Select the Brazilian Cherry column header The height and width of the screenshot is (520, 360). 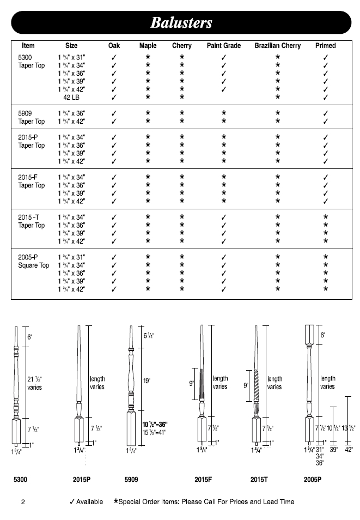click(x=277, y=46)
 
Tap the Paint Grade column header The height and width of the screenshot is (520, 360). click(x=224, y=46)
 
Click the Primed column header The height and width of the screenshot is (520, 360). click(x=325, y=46)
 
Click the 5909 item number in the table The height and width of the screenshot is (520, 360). click(x=26, y=113)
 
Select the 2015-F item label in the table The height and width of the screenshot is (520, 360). click(x=28, y=177)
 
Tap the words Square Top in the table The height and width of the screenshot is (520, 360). click(x=34, y=265)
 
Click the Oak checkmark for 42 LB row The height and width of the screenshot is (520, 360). click(x=114, y=98)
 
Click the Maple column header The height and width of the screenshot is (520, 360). click(x=148, y=46)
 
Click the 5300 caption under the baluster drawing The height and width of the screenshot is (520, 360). click(x=21, y=480)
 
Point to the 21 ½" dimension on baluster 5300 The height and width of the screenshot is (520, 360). click(x=34, y=379)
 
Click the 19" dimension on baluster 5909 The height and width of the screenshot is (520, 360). click(x=147, y=382)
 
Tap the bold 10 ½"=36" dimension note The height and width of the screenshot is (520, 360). click(x=155, y=425)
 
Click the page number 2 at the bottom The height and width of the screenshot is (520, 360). click(x=23, y=502)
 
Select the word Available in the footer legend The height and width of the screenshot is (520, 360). click(x=89, y=501)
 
